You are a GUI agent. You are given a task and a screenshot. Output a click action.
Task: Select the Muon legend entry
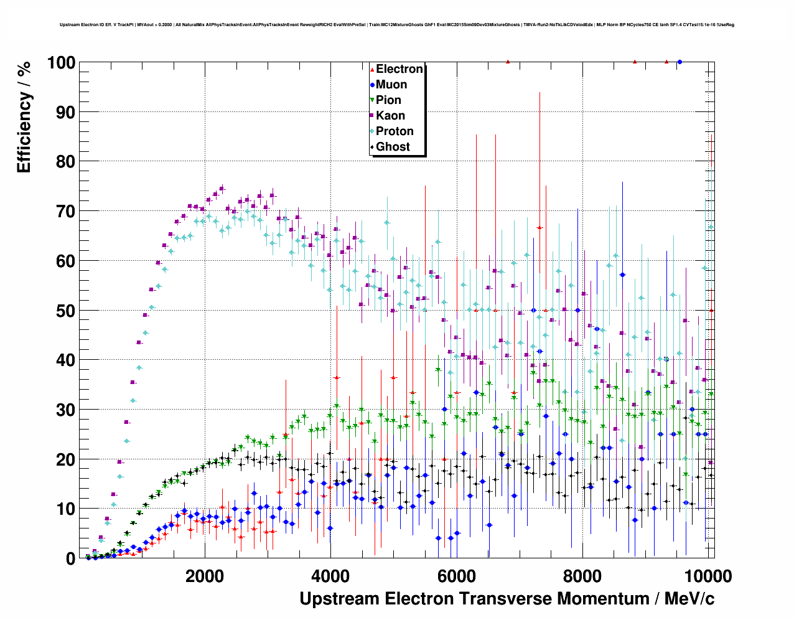391,85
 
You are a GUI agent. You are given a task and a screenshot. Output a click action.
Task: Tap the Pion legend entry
388,100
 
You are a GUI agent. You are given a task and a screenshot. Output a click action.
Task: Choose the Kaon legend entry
390,116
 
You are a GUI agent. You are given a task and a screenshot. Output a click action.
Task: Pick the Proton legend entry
395,131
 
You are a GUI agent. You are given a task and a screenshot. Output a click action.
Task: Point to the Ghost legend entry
393,147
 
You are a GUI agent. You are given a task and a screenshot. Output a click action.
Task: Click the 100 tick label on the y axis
61,63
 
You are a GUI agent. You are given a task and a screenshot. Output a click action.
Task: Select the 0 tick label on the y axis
70,558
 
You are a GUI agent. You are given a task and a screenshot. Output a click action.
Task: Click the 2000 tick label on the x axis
205,576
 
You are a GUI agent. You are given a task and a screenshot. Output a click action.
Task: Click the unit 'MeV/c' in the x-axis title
689,599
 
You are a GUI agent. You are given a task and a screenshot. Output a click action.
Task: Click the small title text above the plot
397,25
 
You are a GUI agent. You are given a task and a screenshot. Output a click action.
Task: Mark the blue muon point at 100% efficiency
680,62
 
